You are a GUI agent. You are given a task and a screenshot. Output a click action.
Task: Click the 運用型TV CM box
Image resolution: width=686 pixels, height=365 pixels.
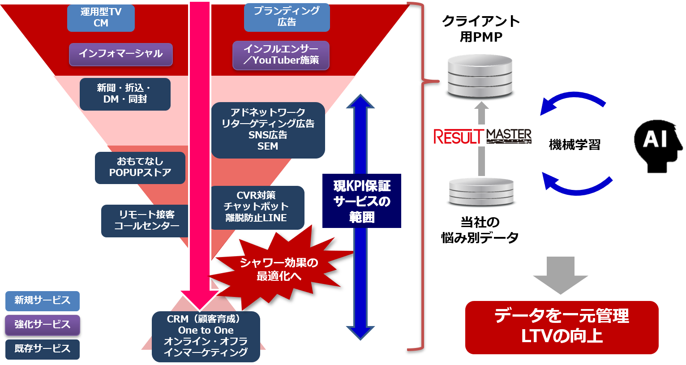pos(101,18)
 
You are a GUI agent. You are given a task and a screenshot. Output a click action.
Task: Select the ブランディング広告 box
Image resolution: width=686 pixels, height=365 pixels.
pos(287,17)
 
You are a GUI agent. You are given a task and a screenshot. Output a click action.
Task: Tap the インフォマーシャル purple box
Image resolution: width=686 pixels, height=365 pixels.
pos(120,54)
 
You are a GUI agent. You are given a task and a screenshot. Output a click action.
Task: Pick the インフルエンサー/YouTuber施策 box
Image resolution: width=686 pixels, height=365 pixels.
pos(281,55)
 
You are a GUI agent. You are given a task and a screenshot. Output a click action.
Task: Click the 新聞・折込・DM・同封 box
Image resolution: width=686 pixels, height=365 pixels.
pos(125,94)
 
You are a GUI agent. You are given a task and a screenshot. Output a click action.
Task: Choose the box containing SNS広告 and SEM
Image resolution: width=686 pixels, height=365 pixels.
pos(268,130)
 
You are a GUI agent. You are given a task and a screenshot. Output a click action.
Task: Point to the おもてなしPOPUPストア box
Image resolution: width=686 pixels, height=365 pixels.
pos(140,167)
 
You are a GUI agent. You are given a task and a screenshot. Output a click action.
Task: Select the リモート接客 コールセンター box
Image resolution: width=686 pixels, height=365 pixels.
pos(145,221)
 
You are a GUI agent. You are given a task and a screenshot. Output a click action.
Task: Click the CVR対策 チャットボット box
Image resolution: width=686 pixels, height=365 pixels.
pos(257,207)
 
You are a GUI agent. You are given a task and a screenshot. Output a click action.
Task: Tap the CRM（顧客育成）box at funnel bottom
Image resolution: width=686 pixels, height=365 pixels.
pos(206,336)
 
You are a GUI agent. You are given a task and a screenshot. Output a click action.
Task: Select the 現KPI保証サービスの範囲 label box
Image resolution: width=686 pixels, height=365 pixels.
pos(362,201)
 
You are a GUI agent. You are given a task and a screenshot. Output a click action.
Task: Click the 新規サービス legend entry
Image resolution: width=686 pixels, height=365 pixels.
pos(42,301)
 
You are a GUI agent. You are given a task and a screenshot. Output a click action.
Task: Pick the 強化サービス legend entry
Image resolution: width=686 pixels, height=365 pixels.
pos(42,325)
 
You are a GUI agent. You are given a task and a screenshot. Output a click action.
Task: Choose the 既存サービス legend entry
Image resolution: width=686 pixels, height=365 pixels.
pos(42,349)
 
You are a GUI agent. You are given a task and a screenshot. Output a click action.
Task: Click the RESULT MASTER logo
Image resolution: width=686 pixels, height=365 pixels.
pos(482,136)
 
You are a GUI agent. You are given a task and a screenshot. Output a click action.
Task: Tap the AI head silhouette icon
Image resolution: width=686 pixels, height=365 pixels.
pos(658,146)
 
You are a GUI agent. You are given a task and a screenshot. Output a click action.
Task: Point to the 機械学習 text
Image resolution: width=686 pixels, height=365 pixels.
pos(575,145)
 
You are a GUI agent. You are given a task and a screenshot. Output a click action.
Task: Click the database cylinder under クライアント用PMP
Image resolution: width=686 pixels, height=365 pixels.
pos(480,76)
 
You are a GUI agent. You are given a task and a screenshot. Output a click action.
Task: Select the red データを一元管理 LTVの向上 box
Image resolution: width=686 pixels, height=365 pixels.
pos(562,327)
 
